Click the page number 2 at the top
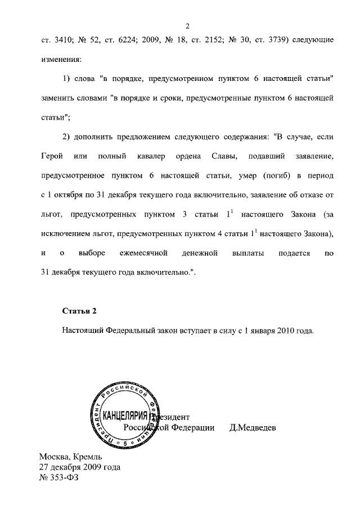click(x=189, y=26)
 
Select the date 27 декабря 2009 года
click(x=79, y=467)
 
